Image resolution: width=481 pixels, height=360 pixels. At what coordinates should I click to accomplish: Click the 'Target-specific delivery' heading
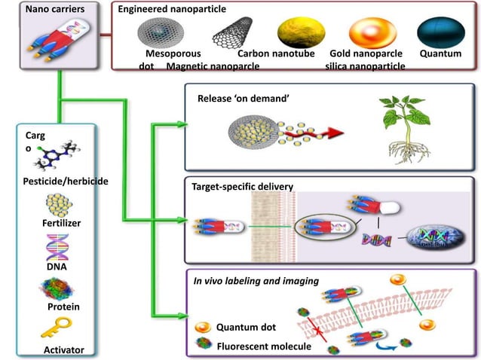point(241,186)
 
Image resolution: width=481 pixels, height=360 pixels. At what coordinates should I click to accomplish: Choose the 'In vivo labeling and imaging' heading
point(256,281)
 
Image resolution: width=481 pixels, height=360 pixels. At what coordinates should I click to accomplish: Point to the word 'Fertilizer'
point(61,224)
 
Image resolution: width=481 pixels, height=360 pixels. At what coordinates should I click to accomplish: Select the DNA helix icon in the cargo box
point(58,246)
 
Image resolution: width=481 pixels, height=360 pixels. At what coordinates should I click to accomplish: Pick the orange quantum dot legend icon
point(203,328)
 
